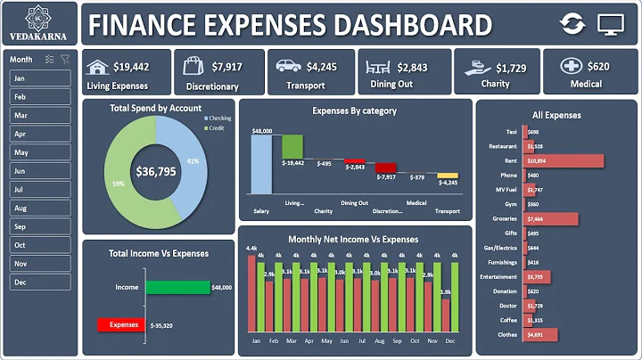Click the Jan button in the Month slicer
coord(39,78)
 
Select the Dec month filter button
coord(39,282)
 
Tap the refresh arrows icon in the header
coord(573,24)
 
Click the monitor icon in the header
coord(611,24)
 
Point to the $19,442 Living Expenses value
coord(131,67)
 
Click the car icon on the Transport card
coord(288,66)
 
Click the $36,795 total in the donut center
coord(155,171)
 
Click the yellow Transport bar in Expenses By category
coord(448,176)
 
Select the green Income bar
coord(177,288)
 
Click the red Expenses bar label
coord(123,325)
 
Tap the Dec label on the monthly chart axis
coord(449,341)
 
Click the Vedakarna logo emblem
coord(39,17)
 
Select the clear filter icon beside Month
coord(65,59)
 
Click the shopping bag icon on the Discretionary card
coord(195,66)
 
